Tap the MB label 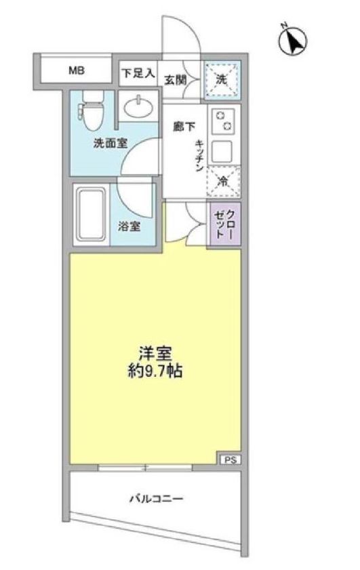click(x=73, y=69)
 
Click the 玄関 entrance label click(x=175, y=79)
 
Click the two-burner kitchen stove click(x=223, y=122)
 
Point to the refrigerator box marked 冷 click(x=223, y=181)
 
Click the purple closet click(x=223, y=226)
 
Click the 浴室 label click(x=130, y=227)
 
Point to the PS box click(x=229, y=460)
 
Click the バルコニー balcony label click(x=156, y=500)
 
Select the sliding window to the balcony click(x=145, y=466)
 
